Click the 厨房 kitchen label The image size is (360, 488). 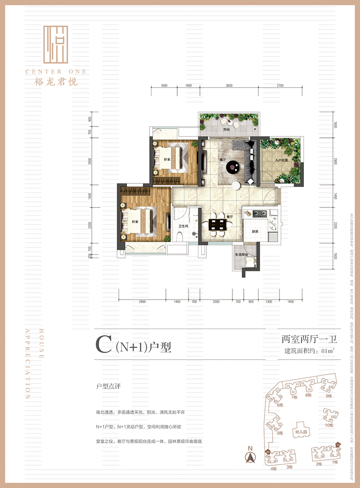255,231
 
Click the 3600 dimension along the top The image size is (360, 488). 229,85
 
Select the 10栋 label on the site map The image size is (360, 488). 328,425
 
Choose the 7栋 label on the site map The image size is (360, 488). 294,397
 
